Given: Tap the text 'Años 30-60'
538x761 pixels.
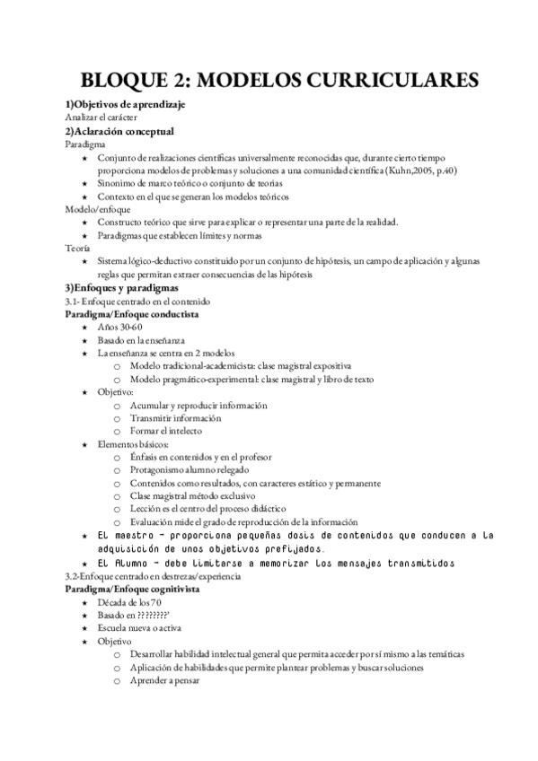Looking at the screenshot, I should point(119,328).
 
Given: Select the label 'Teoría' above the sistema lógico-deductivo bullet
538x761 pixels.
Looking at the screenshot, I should point(78,248).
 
